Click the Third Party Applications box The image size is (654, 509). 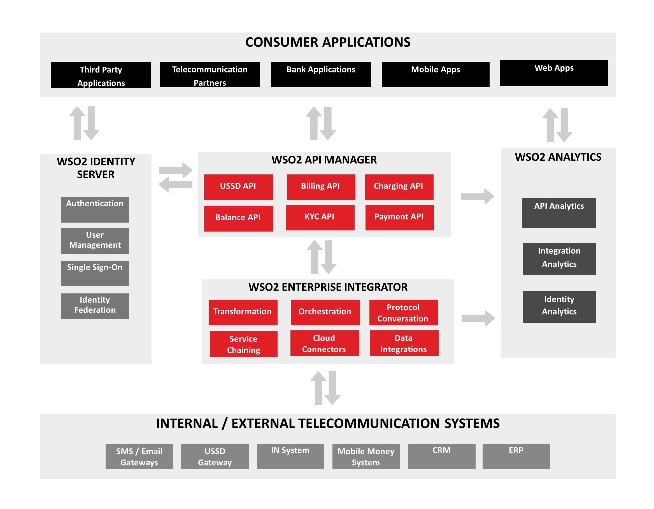coord(101,75)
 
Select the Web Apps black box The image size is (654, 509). coord(554,73)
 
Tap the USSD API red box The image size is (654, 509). coord(238,187)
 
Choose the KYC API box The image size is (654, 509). coord(320,217)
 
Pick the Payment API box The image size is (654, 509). coord(399,217)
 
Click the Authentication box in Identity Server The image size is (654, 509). coord(95,209)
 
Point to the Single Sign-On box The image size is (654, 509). coord(95,273)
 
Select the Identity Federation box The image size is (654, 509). coord(95,306)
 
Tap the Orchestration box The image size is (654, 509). coord(325,312)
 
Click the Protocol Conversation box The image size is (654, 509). coord(403,312)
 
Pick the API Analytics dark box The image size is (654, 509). coord(559,213)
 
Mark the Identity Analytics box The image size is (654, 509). coord(559,307)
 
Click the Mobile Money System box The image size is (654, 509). coord(366,456)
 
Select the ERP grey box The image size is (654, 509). coord(516,456)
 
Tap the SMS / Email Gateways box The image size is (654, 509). coord(139,456)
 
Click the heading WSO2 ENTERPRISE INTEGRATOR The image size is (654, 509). coord(328,287)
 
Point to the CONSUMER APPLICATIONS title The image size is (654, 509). coord(328,42)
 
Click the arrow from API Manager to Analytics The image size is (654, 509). coord(477,197)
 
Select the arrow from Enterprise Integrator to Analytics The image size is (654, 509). coord(478,318)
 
